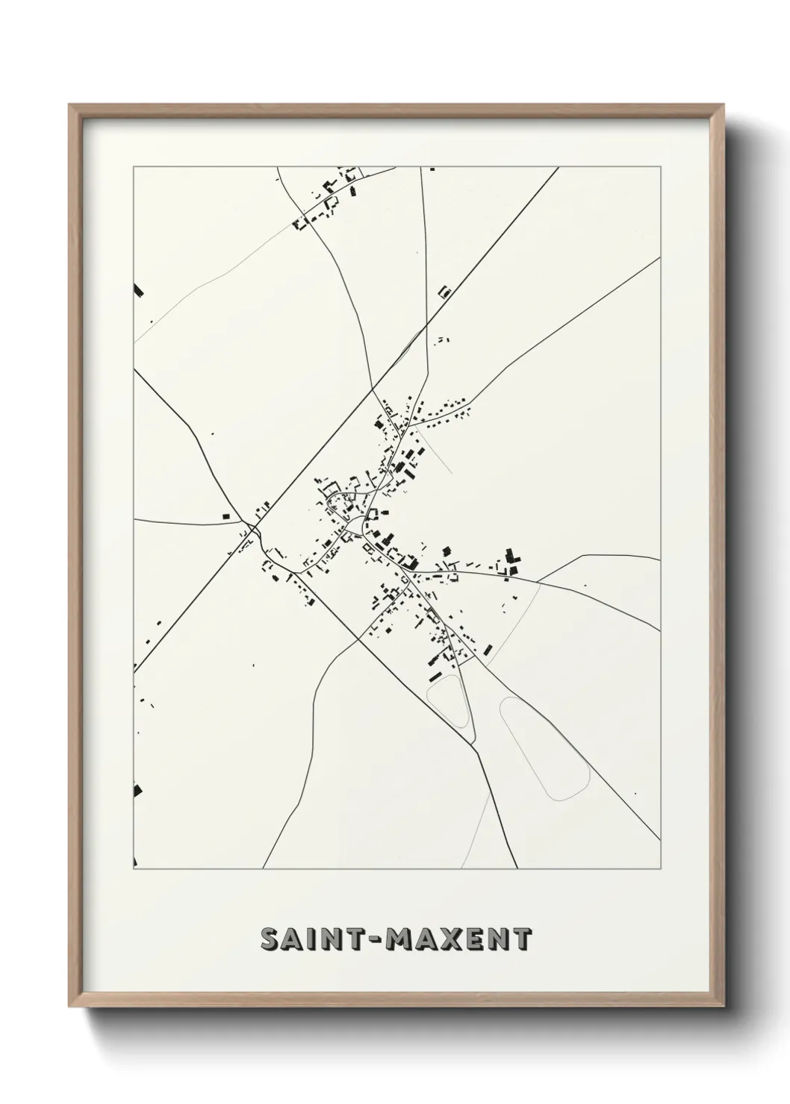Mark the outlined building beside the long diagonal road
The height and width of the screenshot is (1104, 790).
pyautogui.click(x=445, y=291)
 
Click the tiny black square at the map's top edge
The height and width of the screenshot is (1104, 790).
pyautogui.click(x=431, y=169)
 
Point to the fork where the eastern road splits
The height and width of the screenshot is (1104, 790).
pyautogui.click(x=538, y=580)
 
